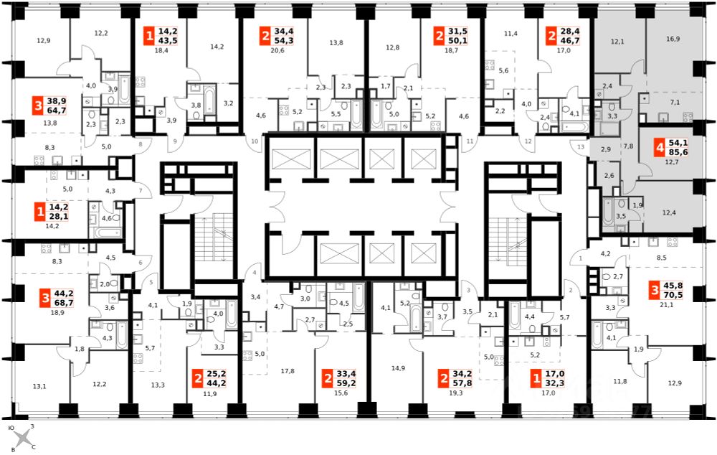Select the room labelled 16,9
click(x=673, y=39)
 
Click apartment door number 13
click(x=581, y=147)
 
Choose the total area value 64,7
click(x=57, y=111)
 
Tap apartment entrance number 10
click(x=255, y=141)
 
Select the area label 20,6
click(x=277, y=50)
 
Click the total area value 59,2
click(x=346, y=383)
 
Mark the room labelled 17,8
click(x=288, y=371)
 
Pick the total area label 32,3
click(x=555, y=383)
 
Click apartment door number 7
click(x=141, y=190)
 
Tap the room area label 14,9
click(x=398, y=368)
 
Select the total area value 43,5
click(x=168, y=41)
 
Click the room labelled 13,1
click(x=39, y=386)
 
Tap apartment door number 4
click(x=255, y=273)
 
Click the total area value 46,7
click(x=570, y=41)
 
